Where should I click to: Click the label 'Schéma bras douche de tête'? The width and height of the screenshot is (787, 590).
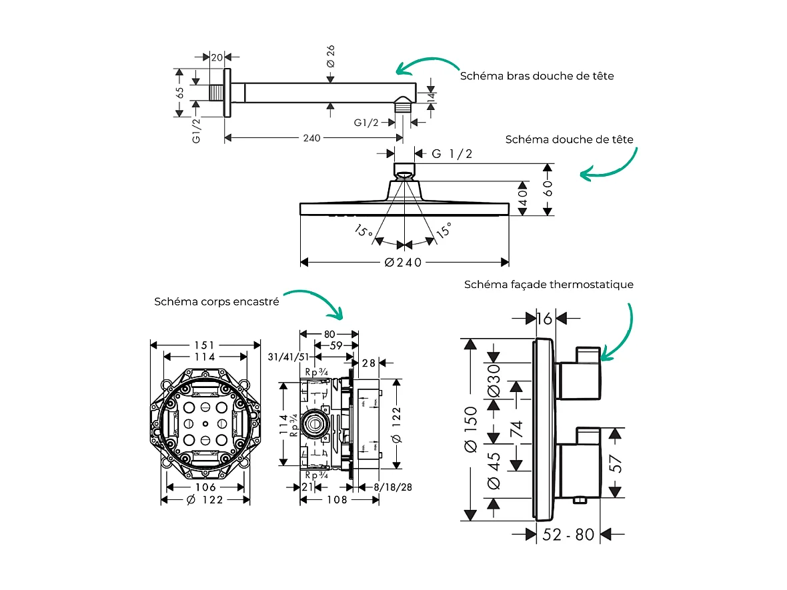coord(536,76)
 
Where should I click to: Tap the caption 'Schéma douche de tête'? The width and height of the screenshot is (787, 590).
coord(569,139)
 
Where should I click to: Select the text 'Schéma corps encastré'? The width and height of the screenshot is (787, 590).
coord(216,301)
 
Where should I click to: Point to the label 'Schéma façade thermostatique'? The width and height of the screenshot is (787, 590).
coord(548,285)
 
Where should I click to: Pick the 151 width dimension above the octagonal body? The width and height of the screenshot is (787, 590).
coord(205,345)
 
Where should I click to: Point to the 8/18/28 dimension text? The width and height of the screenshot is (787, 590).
coord(392,487)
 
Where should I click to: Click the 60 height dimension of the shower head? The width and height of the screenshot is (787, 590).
coord(548,189)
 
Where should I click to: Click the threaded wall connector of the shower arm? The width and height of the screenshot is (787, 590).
coord(217,93)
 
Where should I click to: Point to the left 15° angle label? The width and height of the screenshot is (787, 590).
coord(363,232)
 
